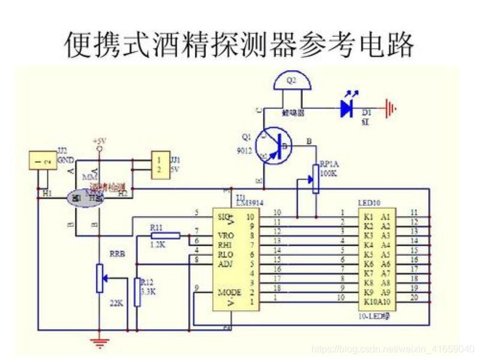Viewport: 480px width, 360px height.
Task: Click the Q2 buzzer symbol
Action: [292, 82]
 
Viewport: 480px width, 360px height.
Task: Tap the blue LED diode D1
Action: [347, 108]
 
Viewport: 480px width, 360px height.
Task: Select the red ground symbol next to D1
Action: [391, 109]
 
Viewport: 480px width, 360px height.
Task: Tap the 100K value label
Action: [329, 172]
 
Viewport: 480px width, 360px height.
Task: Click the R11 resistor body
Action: [165, 236]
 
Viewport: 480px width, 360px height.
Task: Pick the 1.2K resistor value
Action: [157, 245]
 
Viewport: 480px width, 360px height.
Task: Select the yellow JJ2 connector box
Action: [43, 160]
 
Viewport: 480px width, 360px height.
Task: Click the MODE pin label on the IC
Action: [230, 292]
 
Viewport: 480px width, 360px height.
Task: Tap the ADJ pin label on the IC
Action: [225, 263]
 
